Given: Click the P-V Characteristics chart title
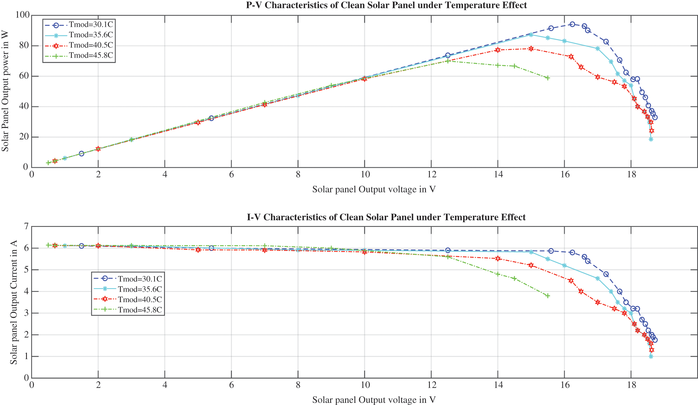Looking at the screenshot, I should [x=386, y=5].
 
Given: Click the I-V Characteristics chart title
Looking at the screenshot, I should [x=386, y=217].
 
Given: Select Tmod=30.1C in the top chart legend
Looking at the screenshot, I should [x=91, y=25].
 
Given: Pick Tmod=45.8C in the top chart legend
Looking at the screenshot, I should [x=91, y=55].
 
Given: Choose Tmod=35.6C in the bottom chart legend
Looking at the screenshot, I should [x=140, y=289].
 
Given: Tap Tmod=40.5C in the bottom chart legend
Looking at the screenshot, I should [x=140, y=300].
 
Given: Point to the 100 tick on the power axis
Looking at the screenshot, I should [x=22, y=15].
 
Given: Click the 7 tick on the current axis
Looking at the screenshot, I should [x=26, y=227].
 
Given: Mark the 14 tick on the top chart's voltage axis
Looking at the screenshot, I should [x=498, y=175].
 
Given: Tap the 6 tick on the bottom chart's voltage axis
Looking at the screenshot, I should [x=231, y=386].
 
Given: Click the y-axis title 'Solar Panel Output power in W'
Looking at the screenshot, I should [x=5, y=91].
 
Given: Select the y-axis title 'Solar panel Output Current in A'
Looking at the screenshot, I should [x=14, y=302].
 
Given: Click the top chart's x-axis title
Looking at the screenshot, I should [x=374, y=190].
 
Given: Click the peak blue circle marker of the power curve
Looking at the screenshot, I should [x=572, y=24].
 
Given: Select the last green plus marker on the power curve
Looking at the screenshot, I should [x=547, y=78].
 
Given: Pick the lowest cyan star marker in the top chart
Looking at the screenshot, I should [x=651, y=139].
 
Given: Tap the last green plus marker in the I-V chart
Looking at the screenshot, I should [x=547, y=296].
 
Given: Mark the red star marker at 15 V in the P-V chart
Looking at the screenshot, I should [x=531, y=49].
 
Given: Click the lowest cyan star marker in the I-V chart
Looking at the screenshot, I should [x=651, y=356].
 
